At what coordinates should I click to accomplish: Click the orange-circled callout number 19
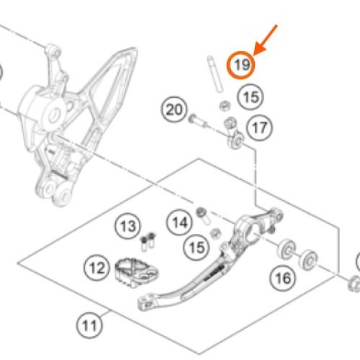pyautogui.click(x=241, y=65)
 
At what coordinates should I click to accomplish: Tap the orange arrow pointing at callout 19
pyautogui.click(x=266, y=40)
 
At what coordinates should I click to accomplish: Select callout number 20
pyautogui.click(x=174, y=109)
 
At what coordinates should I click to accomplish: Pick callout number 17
pyautogui.click(x=259, y=127)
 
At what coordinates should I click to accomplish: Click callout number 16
pyautogui.click(x=283, y=278)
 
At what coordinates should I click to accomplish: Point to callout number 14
pyautogui.click(x=179, y=222)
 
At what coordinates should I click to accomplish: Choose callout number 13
pyautogui.click(x=128, y=226)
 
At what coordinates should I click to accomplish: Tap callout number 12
pyautogui.click(x=96, y=268)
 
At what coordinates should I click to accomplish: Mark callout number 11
pyautogui.click(x=89, y=325)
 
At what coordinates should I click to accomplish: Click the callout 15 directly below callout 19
pyautogui.click(x=251, y=97)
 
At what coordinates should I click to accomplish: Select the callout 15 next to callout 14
pyautogui.click(x=197, y=248)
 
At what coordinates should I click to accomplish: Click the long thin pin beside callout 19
pyautogui.click(x=215, y=74)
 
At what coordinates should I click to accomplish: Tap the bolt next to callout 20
pyautogui.click(x=198, y=122)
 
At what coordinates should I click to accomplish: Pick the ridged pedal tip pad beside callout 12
pyautogui.click(x=136, y=272)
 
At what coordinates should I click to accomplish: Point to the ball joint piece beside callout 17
pyautogui.click(x=234, y=133)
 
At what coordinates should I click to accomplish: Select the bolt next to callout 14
pyautogui.click(x=203, y=216)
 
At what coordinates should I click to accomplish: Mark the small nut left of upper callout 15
pyautogui.click(x=225, y=106)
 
